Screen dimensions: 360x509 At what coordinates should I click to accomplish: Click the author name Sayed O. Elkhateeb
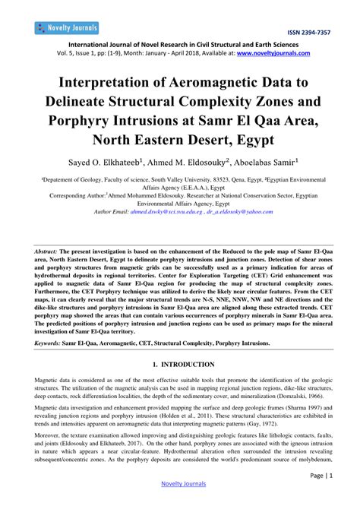[97, 163]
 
